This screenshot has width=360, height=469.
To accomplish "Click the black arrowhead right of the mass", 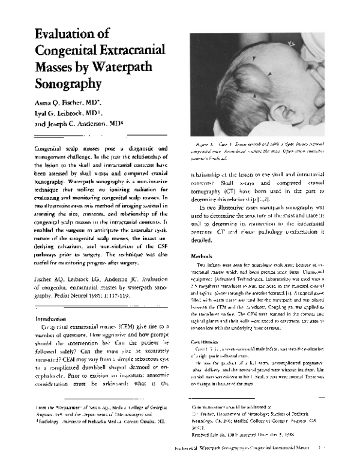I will pyautogui.click(x=270, y=74).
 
